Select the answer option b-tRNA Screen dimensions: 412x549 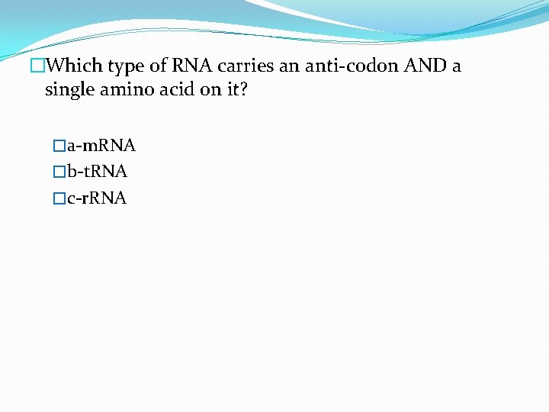(98, 172)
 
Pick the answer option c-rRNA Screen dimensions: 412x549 (97, 198)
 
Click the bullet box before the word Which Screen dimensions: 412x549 (35, 66)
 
